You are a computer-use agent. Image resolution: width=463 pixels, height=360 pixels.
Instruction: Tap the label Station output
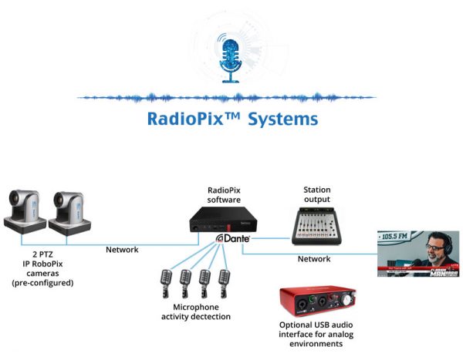coord(316,193)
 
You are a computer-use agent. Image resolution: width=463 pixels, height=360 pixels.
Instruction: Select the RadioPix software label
coord(230,195)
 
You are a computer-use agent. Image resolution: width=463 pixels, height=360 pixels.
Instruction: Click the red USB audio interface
coord(317,306)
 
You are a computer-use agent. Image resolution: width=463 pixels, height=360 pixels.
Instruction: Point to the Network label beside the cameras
coord(122,249)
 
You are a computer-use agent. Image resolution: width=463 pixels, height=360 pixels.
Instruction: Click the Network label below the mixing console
coord(314,259)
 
